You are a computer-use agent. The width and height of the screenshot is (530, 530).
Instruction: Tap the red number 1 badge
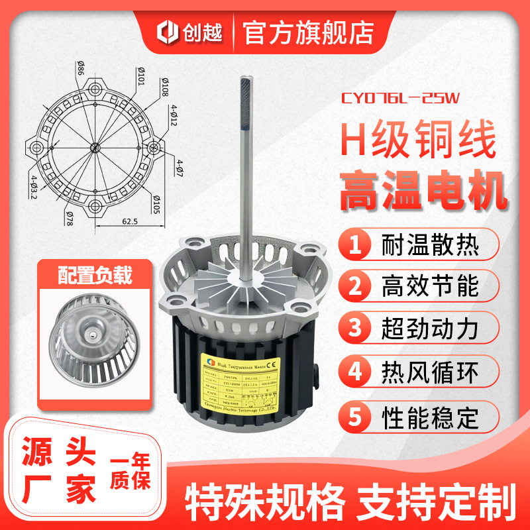point(356,246)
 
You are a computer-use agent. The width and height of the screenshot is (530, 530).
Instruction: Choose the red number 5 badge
point(356,417)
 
